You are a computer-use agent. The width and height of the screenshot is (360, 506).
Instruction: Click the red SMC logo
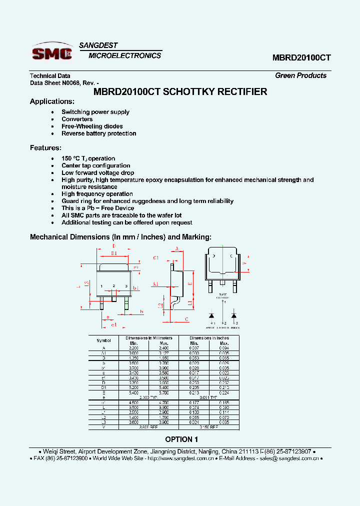(x=52, y=52)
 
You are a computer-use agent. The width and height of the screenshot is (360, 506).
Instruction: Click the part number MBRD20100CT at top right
(x=301, y=57)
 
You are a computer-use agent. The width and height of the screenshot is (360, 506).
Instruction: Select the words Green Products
(x=300, y=75)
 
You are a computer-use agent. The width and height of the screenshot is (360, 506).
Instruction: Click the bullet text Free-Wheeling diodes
(x=92, y=126)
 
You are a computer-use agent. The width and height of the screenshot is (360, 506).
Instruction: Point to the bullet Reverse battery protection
(x=98, y=133)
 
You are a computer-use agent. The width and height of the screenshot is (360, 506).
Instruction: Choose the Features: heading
(x=45, y=148)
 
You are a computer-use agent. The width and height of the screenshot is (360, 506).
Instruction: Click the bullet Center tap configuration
(x=95, y=165)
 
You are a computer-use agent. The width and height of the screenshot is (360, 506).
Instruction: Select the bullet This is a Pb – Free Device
(x=97, y=208)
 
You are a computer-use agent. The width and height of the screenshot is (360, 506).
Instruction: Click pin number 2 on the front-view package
(x=113, y=286)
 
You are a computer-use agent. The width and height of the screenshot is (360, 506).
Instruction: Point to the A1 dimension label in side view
(x=155, y=283)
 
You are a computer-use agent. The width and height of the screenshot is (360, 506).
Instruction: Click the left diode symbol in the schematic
(x=211, y=315)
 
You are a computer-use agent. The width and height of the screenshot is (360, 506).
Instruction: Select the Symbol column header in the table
(x=103, y=340)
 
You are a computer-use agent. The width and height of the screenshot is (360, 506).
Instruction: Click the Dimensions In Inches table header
(x=208, y=338)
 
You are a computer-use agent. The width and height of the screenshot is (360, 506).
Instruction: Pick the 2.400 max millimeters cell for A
(x=163, y=347)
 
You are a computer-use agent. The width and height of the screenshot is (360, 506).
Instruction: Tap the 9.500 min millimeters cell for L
(x=133, y=407)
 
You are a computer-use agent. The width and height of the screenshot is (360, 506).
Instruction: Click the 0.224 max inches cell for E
(x=224, y=393)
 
